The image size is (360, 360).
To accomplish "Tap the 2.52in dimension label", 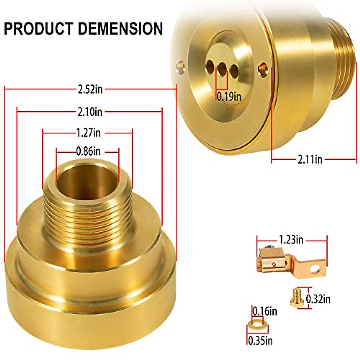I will (x=90, y=89).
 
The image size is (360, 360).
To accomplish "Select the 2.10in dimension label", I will (x=90, y=112).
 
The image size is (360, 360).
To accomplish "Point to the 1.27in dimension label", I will (x=88, y=132).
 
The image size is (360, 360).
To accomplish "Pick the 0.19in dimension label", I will (x=229, y=97).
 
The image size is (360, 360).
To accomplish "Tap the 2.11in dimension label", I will (x=310, y=159).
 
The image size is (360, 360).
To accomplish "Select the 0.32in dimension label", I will (x=318, y=299).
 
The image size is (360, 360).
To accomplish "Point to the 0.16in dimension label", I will (x=264, y=311).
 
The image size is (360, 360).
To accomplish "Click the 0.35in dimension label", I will (x=260, y=340).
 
